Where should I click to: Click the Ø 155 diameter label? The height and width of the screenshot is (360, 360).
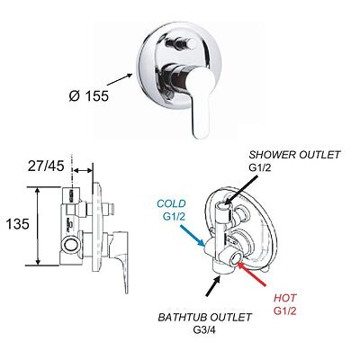click(88, 96)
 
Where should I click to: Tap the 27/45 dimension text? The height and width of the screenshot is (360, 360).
click(46, 166)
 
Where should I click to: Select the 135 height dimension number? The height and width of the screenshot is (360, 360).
click(18, 224)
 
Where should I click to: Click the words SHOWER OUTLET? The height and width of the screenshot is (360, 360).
click(294, 155)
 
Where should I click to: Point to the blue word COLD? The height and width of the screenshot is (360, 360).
click(171, 204)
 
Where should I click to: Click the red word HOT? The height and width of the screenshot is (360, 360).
click(284, 298)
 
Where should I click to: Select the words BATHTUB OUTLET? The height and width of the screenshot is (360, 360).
click(205, 318)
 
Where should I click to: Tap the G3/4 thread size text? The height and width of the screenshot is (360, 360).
click(205, 330)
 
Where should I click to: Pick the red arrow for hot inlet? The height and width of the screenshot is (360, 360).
click(251, 274)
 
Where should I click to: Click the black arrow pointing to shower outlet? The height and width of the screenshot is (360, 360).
click(240, 191)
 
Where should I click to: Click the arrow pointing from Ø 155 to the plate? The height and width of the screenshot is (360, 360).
click(120, 79)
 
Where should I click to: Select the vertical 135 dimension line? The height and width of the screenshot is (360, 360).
click(38, 226)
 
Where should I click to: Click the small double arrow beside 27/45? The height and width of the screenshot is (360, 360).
click(83, 170)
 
